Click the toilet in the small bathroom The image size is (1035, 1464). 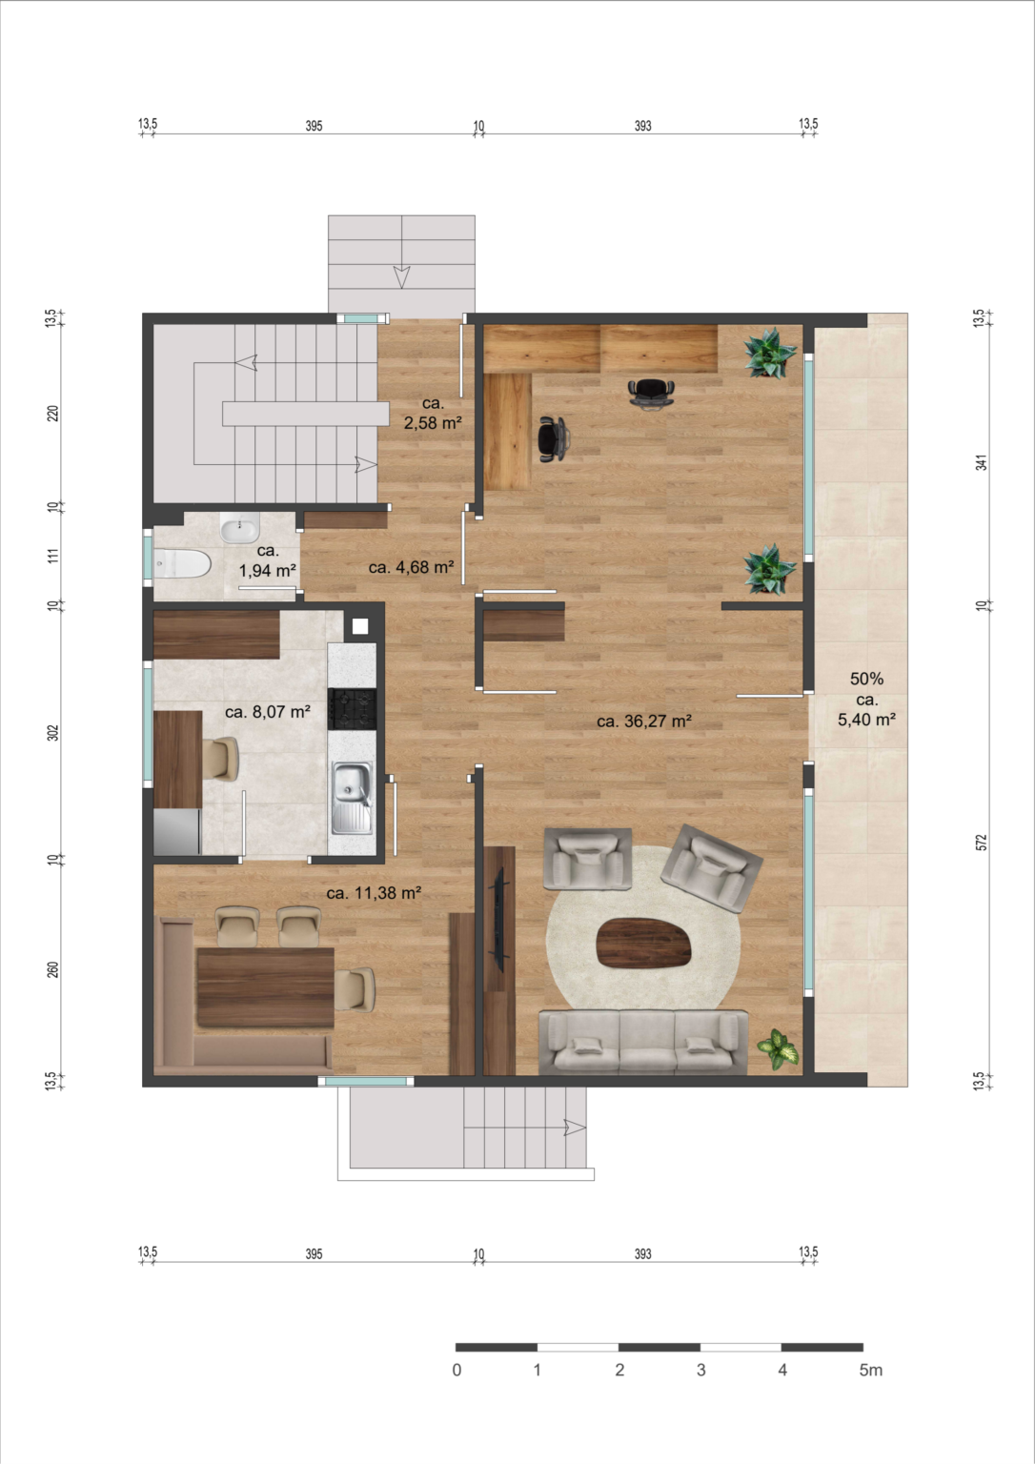click(182, 563)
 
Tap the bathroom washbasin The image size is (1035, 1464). click(240, 527)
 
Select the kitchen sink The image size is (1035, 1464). click(352, 798)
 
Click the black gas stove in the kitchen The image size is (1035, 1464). click(352, 709)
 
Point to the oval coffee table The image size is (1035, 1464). click(643, 943)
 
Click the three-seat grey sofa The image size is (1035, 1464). click(643, 1042)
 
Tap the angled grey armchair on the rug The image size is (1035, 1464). click(712, 868)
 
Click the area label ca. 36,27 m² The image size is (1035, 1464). click(643, 721)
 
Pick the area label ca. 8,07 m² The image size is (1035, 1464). click(267, 712)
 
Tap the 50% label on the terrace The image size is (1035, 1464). click(866, 679)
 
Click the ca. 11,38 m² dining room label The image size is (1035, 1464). click(373, 893)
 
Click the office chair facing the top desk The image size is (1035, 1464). click(651, 394)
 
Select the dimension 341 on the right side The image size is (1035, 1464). click(981, 462)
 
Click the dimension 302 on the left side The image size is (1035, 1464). click(53, 733)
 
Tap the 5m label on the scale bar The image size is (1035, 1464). click(870, 1370)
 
